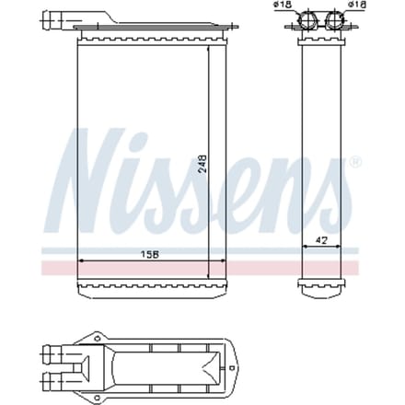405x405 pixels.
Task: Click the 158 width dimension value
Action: coord(149,254)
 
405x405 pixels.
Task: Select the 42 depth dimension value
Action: coord(321,240)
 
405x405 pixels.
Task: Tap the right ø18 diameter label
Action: coord(357,5)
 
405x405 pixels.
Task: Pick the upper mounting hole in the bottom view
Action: coord(98,339)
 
